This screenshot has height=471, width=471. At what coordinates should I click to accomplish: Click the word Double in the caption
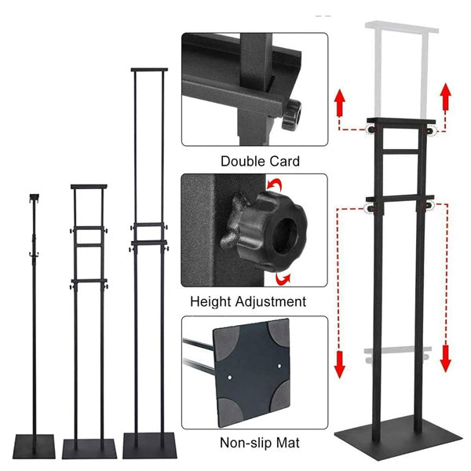click(x=243, y=161)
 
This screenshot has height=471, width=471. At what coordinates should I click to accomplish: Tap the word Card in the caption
click(x=284, y=161)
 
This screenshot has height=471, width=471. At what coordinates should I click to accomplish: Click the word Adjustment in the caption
click(x=271, y=301)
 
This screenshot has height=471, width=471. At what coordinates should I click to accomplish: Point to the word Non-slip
click(x=246, y=443)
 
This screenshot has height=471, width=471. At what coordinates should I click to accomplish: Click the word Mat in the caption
click(x=288, y=443)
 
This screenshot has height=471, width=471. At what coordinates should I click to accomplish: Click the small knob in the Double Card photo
click(x=291, y=115)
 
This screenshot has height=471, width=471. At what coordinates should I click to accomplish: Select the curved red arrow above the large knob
click(x=274, y=184)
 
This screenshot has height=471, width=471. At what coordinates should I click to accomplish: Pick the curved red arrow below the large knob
click(x=283, y=279)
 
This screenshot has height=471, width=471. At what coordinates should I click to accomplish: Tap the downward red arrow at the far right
click(x=445, y=359)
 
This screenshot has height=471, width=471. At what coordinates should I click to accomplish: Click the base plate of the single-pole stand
click(x=34, y=446)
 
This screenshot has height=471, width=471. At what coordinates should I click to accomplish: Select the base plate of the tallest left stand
click(x=150, y=445)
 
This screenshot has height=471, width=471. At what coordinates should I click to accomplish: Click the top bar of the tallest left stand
click(x=149, y=70)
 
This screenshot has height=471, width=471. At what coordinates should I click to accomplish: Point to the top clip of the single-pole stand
click(x=35, y=198)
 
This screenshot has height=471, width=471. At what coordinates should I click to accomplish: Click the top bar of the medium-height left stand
click(x=89, y=187)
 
